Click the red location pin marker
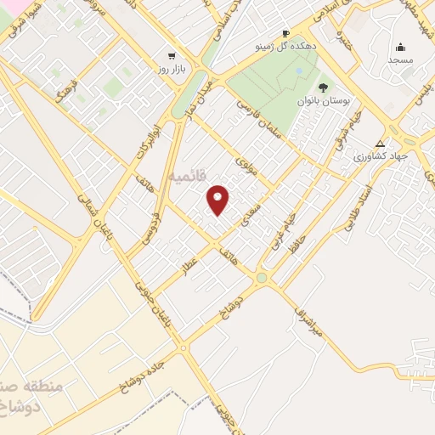click(218, 200)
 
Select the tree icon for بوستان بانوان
click(322, 87)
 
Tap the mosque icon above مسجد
click(400, 47)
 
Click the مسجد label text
click(400, 60)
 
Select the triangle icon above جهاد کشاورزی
click(380, 143)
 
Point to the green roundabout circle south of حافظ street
click(262, 277)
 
